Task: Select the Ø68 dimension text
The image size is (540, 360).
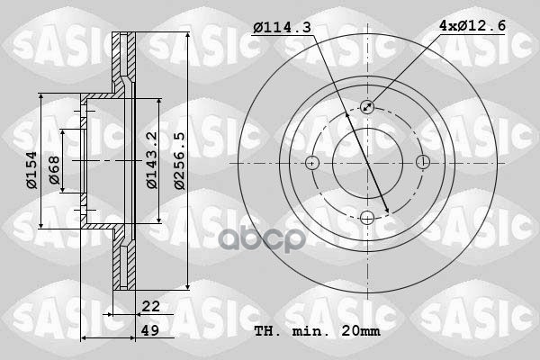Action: pos(53,170)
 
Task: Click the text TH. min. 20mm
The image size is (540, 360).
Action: pos(318,331)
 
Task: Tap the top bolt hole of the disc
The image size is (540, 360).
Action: pos(367,107)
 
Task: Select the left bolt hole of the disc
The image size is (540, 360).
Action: pos(312,163)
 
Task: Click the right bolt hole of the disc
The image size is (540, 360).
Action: pos(423,163)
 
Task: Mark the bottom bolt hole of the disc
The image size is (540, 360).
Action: pos(367,218)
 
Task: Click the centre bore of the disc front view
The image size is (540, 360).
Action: pos(367,163)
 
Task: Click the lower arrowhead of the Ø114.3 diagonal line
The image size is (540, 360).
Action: pos(386,210)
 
